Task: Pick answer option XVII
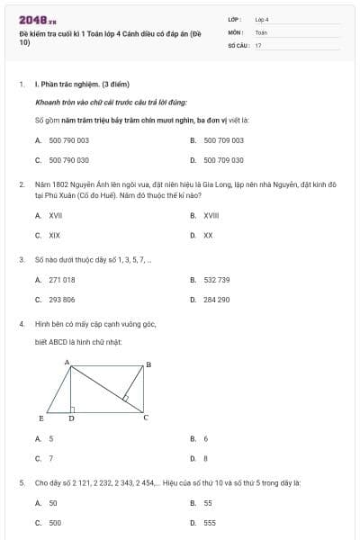pos(56,216)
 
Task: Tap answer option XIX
pos(55,235)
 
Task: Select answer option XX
pos(208,235)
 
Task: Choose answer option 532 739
pos(217,280)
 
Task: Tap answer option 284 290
pos(217,300)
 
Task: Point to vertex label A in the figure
pos(67,361)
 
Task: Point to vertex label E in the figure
pos(42,418)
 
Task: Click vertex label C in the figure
pos(146,418)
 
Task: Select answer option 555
pos(210,522)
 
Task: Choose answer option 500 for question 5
pos(56,522)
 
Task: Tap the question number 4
pos(21,322)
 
